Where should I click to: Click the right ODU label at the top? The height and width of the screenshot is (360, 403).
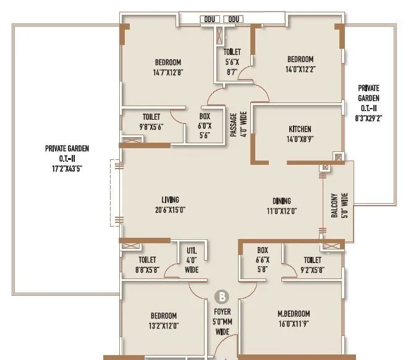click(x=234, y=20)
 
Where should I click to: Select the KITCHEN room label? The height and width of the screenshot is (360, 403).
click(x=300, y=129)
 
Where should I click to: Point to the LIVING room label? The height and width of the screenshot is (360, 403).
click(x=170, y=199)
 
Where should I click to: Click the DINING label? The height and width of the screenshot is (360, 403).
click(x=282, y=201)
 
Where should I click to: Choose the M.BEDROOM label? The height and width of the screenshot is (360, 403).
click(x=294, y=314)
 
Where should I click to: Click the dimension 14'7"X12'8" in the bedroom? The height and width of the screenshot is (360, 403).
click(x=168, y=72)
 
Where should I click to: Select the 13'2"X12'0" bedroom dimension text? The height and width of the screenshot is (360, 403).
click(x=163, y=326)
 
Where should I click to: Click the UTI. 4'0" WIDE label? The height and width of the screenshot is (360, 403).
click(x=192, y=260)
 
